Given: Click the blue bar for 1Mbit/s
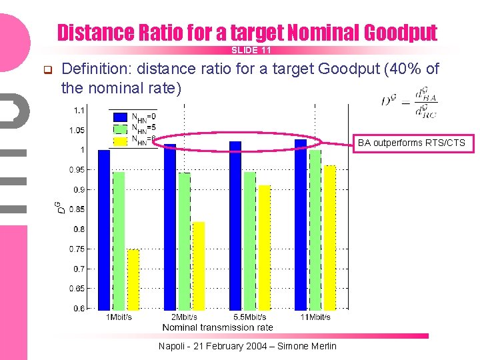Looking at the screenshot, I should (x=104, y=230).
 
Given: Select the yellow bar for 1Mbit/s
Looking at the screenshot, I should (x=133, y=279).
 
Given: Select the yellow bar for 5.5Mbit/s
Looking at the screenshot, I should (x=265, y=247).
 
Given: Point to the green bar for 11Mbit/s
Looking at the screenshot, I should (x=315, y=230).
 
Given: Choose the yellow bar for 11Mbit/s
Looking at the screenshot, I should (x=329, y=237).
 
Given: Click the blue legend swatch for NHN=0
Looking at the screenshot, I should (x=120, y=117).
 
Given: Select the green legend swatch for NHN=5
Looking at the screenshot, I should (x=120, y=128).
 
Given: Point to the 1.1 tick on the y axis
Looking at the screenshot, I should (x=79, y=110).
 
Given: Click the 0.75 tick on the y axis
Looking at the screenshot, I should (x=77, y=249).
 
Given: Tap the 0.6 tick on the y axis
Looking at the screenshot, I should (x=79, y=309).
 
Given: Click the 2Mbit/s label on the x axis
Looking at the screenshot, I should (x=185, y=317).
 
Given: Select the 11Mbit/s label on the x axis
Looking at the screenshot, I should (x=315, y=317).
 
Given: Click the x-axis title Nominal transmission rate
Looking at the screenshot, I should (x=217, y=327).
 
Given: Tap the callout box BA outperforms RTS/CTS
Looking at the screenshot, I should (x=411, y=143).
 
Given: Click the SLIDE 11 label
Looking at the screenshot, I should (x=251, y=51).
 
